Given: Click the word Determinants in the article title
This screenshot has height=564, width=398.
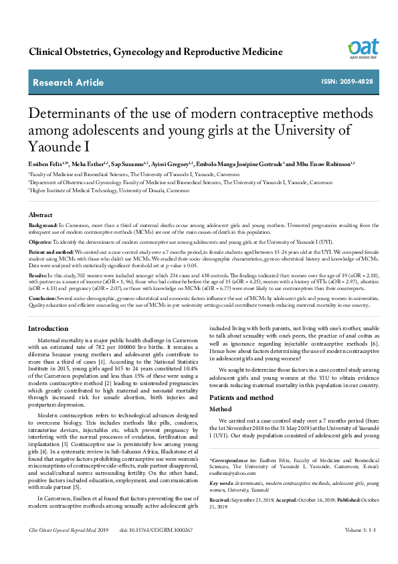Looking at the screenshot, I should pyautogui.click(x=70, y=113).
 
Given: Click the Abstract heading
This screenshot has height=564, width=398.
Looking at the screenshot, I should pyautogui.click(x=41, y=215).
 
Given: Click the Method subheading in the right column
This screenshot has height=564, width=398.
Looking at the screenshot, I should pyautogui.click(x=221, y=408).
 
